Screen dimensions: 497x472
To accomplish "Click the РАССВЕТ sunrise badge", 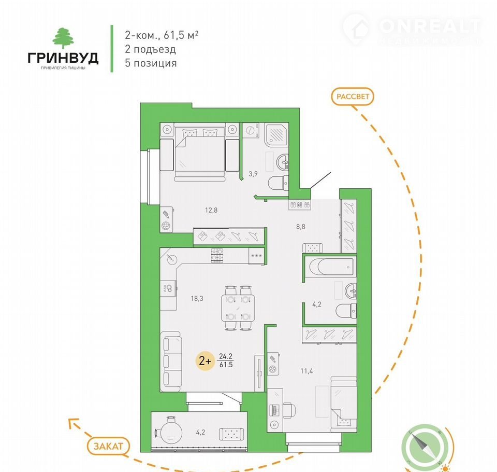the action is [x=353, y=96].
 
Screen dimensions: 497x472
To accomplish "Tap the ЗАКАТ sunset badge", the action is [x=108, y=446].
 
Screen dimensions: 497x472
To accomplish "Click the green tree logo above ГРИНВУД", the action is [x=63, y=38].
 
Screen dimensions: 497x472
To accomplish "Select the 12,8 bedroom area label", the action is [x=211, y=210].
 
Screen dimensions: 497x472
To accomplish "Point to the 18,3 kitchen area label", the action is [x=197, y=298].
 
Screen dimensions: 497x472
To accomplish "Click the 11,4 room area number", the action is [x=306, y=371].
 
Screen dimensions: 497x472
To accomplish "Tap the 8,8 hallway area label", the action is [x=300, y=227].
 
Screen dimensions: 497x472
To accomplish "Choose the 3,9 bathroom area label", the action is [x=253, y=174].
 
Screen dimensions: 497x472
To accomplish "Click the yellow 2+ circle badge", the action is [x=205, y=361].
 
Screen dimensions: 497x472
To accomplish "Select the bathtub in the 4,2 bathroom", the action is [x=330, y=268].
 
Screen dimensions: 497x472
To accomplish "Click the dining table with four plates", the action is [x=238, y=308].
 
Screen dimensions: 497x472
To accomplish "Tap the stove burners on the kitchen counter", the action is [x=217, y=255].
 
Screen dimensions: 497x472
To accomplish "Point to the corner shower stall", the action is [x=276, y=135].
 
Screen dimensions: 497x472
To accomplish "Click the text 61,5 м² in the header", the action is [x=181, y=35].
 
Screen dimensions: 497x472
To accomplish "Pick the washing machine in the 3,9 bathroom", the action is [x=251, y=131].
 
